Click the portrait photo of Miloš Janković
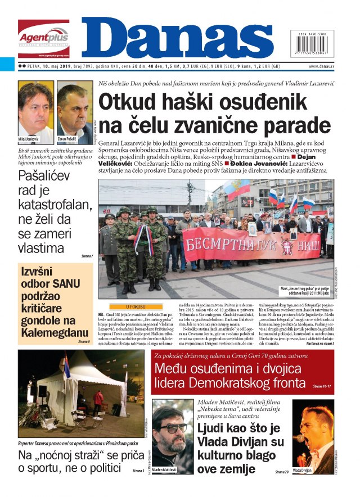coord(35,110)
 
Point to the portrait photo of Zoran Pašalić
coord(74,110)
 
